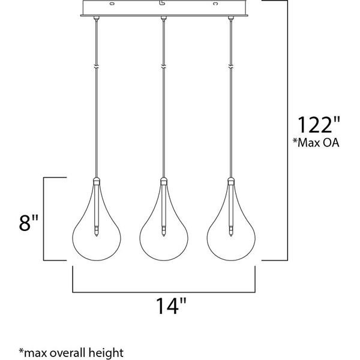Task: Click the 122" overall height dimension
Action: coord(319,125)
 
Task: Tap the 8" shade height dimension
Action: coord(28,223)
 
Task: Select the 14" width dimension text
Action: coord(171,305)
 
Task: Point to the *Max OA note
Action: coord(316,143)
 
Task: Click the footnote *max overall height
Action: coord(71,352)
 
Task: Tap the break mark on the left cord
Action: coord(97,67)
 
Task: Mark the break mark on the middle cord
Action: coord(164,67)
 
